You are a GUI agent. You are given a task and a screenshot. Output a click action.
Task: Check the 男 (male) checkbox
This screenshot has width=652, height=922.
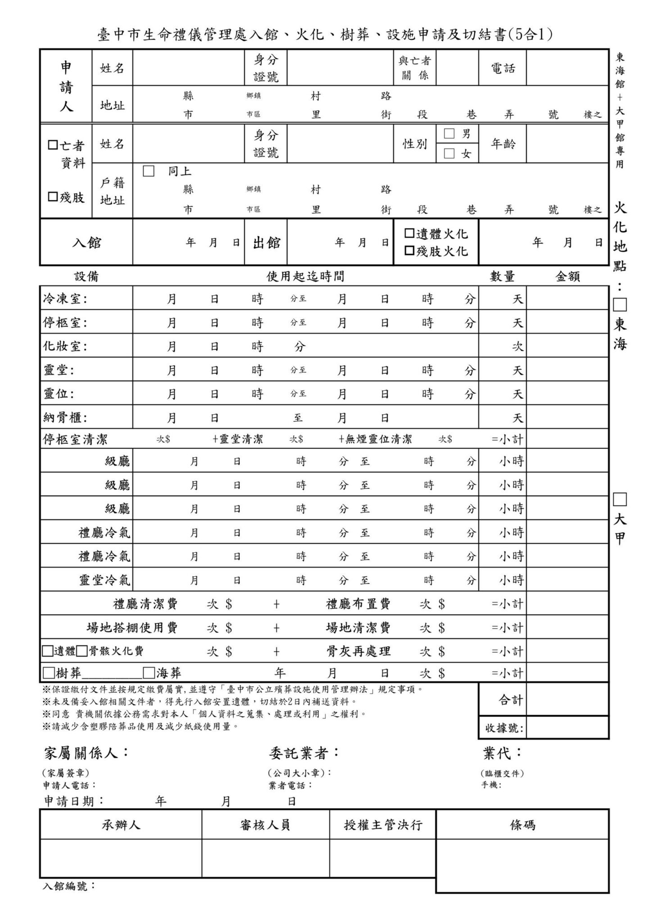click(x=449, y=133)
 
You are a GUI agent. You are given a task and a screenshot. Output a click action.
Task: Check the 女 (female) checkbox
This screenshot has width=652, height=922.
click(x=449, y=154)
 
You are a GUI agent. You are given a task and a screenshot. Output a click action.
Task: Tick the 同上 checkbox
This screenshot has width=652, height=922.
click(x=149, y=172)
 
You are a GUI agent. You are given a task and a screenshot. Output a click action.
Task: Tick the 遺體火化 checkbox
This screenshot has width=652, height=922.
click(x=409, y=233)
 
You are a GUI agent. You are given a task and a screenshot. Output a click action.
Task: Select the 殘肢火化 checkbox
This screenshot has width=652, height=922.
click(x=409, y=251)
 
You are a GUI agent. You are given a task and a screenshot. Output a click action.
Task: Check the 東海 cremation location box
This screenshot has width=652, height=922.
click(x=620, y=305)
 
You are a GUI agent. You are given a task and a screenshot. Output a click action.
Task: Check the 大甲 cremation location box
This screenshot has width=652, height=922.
click(x=620, y=499)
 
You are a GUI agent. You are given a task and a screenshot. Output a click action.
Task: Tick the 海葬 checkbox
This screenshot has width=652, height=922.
click(x=149, y=673)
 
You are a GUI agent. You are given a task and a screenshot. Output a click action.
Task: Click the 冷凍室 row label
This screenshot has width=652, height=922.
click(x=65, y=299)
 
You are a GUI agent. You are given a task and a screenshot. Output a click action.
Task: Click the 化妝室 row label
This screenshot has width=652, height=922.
click(x=65, y=346)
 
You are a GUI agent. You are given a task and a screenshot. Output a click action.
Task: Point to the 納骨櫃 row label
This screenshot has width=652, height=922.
click(x=65, y=418)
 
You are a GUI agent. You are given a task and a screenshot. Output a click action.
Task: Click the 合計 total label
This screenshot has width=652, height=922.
click(x=511, y=700)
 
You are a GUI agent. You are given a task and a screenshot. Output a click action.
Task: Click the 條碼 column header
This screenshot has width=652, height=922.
click(x=522, y=825)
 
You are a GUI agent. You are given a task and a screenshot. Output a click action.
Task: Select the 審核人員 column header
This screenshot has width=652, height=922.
click(x=265, y=825)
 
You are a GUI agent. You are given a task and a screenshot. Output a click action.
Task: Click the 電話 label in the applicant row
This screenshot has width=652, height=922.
click(x=503, y=68)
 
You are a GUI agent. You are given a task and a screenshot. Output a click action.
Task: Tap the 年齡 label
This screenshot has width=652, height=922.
click(x=503, y=144)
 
